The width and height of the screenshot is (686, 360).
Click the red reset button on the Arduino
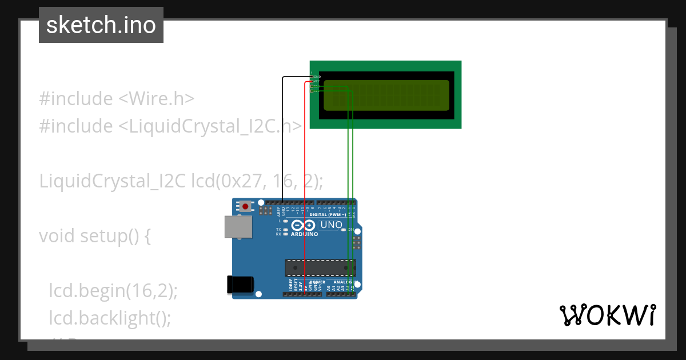(x=246, y=206)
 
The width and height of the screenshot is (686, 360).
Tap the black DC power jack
(x=240, y=285)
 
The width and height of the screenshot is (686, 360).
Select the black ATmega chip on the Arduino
(x=320, y=267)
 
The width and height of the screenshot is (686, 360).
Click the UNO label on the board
(x=331, y=225)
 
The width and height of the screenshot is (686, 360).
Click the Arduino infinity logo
(x=302, y=226)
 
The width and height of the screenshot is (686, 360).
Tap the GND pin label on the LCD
(x=317, y=77)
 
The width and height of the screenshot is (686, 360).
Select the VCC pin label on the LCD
(x=316, y=82)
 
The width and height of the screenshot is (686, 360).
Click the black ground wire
(x=283, y=143)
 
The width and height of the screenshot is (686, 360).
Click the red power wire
(x=305, y=171)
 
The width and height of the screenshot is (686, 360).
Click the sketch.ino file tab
(x=101, y=25)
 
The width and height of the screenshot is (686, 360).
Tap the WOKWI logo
(x=607, y=315)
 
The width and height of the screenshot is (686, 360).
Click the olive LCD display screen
(x=386, y=95)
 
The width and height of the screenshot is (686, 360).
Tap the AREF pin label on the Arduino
(x=279, y=211)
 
